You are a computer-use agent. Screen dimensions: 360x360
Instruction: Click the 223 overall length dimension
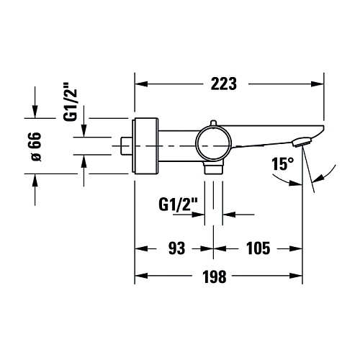(224, 84)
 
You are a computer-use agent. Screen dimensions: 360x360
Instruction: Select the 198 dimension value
(215, 276)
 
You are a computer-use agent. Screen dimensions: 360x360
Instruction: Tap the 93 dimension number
(176, 248)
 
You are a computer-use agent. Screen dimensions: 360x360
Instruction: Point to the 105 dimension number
(258, 248)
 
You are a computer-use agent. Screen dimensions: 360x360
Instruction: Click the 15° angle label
(282, 164)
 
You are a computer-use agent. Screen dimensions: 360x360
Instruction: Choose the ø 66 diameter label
(36, 146)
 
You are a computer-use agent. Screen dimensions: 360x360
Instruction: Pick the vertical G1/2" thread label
(70, 102)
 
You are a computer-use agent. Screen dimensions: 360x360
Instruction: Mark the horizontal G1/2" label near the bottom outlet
(178, 204)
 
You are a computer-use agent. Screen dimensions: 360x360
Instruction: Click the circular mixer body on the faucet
(213, 146)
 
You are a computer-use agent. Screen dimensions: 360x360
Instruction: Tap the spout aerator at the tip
(302, 142)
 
